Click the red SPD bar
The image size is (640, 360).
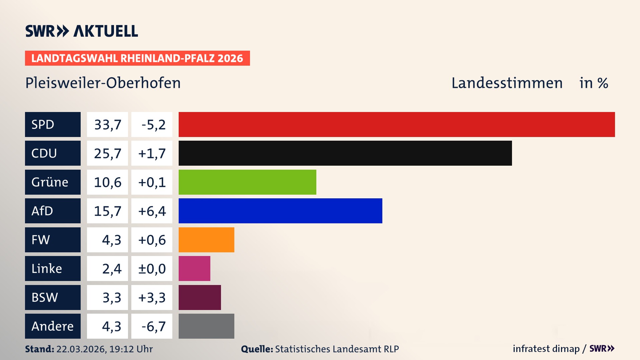coord(397,124)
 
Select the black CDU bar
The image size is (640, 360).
coord(345,153)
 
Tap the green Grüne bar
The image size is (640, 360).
coord(247,182)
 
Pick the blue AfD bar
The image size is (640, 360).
coord(280,211)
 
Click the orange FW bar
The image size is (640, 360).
coord(206,240)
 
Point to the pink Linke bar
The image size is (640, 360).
coord(194,268)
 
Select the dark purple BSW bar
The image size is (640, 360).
coord(200,297)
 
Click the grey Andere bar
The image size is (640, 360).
coord(206,326)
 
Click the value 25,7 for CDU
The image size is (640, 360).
coord(107,153)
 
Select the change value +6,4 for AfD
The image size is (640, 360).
coord(152,211)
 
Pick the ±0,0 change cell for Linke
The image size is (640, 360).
coord(152,269)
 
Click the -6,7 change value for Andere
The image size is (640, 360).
coord(153,326)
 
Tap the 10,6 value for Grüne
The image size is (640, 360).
coord(107,182)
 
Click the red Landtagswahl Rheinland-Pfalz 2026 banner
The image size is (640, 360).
coord(137,58)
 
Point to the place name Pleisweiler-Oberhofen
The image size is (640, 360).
coord(103,83)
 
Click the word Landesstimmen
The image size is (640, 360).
coord(507,83)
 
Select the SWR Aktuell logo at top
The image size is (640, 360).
coord(82,31)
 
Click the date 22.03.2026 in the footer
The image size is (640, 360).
coord(81,349)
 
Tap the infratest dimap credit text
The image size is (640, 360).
coord(546,349)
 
